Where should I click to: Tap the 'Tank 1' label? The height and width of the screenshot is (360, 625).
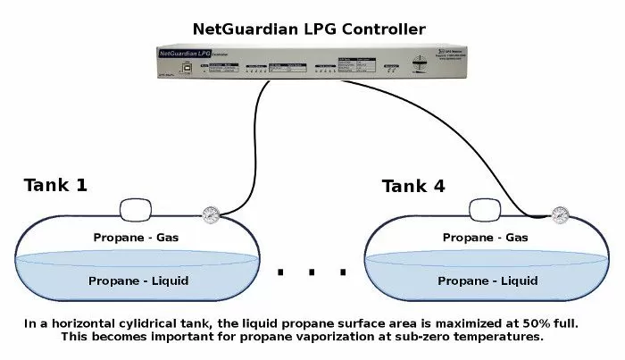click(55, 186)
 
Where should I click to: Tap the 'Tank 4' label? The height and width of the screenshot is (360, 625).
click(413, 186)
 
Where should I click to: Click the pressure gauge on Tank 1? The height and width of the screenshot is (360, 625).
click(211, 214)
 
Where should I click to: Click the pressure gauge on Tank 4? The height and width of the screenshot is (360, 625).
click(560, 214)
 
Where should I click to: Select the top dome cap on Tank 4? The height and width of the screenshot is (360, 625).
click(486, 210)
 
